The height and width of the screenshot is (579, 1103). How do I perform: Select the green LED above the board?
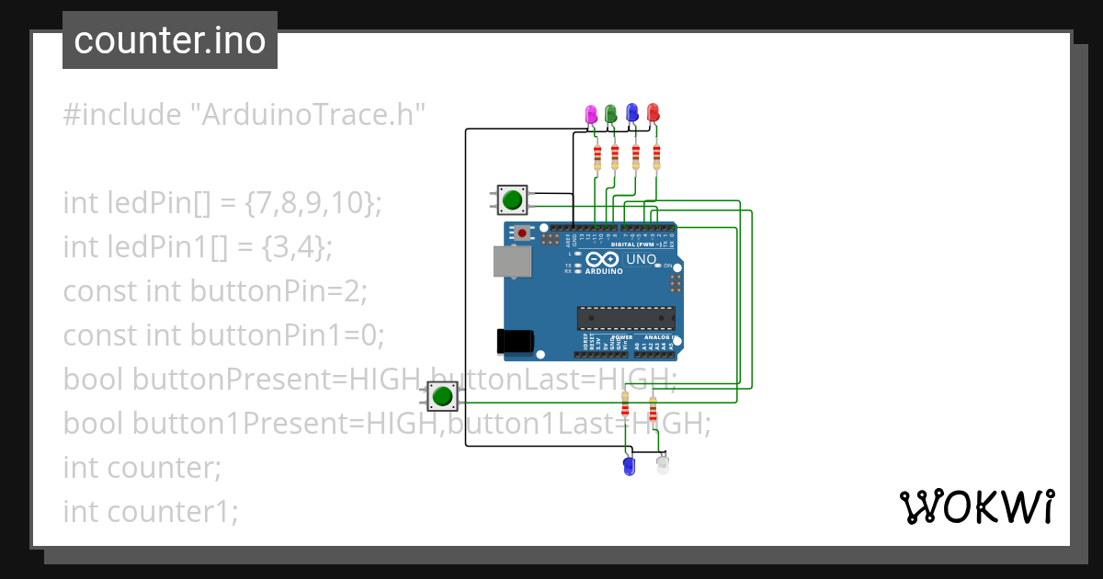610,113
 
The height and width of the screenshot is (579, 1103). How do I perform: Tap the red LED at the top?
654,112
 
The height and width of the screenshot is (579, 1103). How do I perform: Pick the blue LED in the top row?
632,112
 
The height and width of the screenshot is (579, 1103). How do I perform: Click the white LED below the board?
663,464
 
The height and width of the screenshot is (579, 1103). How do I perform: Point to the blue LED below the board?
629,465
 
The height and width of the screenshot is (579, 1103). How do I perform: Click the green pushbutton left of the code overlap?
442,396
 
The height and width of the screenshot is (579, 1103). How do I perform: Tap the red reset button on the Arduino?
523,233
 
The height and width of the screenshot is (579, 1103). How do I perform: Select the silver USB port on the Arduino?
511,262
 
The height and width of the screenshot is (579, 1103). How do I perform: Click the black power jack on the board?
514,340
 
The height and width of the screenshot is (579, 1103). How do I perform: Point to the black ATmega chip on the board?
625,317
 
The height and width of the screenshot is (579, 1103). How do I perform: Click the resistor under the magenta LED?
597,156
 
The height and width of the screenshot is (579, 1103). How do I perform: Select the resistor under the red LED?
656,156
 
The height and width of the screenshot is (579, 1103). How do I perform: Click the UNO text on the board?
641,260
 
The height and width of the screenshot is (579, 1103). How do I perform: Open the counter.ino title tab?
170,40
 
